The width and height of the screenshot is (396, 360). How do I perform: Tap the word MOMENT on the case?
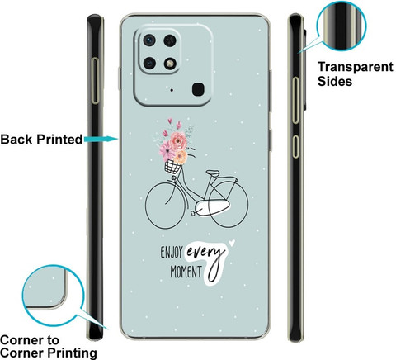click(x=186, y=272)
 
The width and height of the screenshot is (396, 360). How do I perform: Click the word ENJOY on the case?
click(x=172, y=253)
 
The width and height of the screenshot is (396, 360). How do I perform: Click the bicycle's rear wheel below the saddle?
click(x=229, y=204)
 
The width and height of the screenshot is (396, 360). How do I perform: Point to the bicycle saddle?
click(x=213, y=173)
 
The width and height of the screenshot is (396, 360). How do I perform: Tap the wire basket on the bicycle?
click(x=172, y=167)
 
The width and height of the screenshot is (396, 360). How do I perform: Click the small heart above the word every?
click(x=232, y=243)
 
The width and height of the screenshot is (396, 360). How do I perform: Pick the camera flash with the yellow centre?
click(x=170, y=64)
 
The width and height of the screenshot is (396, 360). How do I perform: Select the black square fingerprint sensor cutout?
click(x=198, y=89)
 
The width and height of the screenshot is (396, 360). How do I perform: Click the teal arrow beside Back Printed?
click(x=101, y=139)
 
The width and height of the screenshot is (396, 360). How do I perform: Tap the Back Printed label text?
click(x=41, y=140)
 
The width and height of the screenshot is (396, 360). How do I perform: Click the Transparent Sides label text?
click(x=356, y=74)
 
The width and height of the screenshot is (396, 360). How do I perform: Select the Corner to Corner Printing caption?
click(x=49, y=347)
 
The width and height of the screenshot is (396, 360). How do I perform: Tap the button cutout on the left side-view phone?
click(x=95, y=81)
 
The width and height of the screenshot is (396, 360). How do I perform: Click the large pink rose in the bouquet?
click(x=178, y=141)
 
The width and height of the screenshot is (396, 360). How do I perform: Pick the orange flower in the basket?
click(x=181, y=157)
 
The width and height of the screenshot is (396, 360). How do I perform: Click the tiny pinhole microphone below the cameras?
click(x=172, y=90)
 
